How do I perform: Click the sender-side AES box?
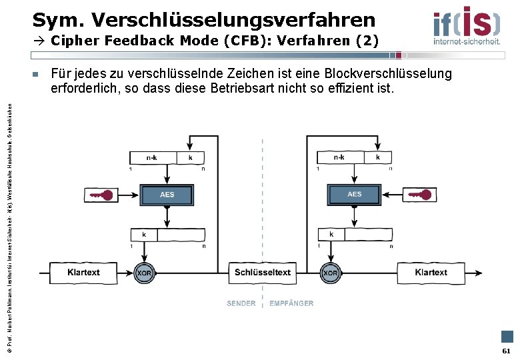(x=167, y=195)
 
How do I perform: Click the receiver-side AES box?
(x=354, y=195)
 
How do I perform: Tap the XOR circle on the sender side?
(x=145, y=273)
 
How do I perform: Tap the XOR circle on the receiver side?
(x=331, y=273)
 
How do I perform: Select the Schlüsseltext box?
(x=263, y=273)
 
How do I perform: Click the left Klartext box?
(x=84, y=273)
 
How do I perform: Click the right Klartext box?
(x=431, y=273)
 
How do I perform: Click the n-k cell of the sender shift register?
(x=153, y=158)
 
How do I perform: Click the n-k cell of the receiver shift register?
(x=339, y=158)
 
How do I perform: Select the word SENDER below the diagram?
(x=241, y=303)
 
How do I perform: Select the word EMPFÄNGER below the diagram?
(x=291, y=303)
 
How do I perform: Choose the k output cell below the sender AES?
(x=144, y=235)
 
